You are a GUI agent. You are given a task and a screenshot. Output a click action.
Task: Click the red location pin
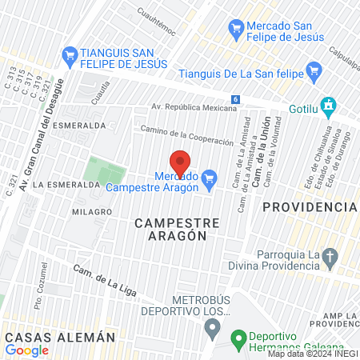coord(179,160)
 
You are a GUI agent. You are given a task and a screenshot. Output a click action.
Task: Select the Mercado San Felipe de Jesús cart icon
coord(236,30)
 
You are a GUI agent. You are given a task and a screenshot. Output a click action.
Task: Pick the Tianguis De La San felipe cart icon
coord(314,72)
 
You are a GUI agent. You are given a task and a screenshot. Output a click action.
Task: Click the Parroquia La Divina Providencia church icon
coord(331,258)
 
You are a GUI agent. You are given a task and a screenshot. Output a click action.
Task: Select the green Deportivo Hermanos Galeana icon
coord(238,339)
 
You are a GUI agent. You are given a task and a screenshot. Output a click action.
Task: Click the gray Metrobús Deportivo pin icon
coord(212,326)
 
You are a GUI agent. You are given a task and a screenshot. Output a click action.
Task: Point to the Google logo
coord(26,350)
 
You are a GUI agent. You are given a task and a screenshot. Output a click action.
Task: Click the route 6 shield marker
coord(236,98)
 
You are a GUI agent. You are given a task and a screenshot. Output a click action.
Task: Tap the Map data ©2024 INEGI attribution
coord(312,354)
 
